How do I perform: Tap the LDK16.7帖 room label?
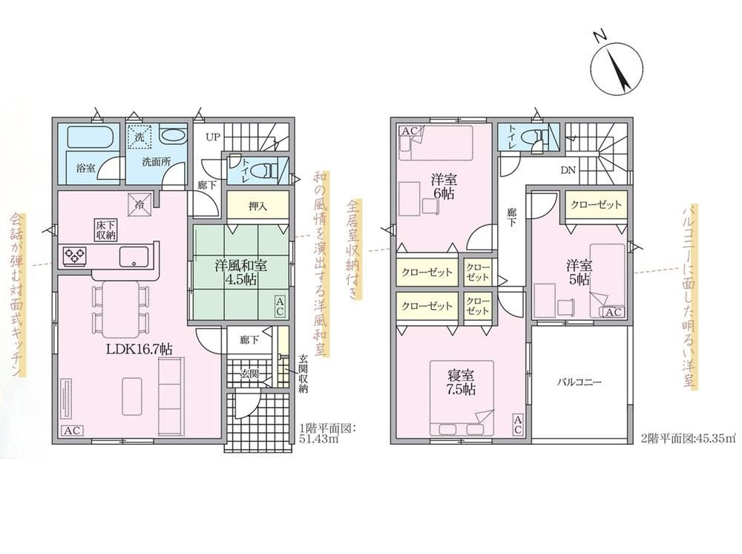(139, 350)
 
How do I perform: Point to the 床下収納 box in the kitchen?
(105, 229)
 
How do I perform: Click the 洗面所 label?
(156, 161)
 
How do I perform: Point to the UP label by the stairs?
(213, 137)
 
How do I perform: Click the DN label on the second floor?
(568, 170)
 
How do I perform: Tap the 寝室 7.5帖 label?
(462, 382)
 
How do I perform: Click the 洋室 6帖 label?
(444, 186)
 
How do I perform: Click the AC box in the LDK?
(72, 431)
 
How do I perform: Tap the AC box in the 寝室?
(518, 424)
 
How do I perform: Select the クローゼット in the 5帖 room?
(597, 204)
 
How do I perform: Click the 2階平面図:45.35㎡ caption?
(689, 438)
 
